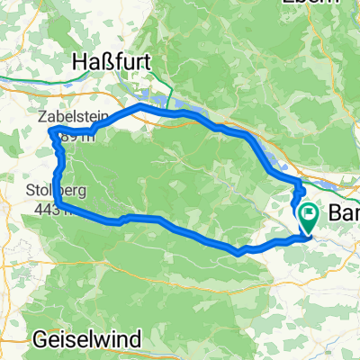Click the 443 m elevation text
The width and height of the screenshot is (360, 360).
tap(52, 209)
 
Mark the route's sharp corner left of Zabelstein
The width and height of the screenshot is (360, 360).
tap(49, 133)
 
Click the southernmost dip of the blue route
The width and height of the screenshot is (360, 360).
tap(238, 252)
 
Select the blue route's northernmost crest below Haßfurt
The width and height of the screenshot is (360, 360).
tap(140, 106)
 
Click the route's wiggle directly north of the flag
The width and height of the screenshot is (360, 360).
tap(299, 191)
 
